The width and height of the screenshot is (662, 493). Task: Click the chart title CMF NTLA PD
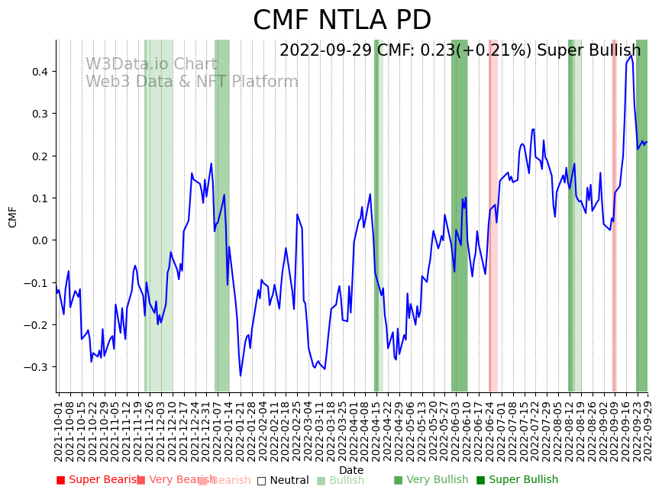coord(342,21)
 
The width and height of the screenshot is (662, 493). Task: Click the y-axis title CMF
coord(13,217)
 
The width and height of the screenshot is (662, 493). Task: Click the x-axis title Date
coord(351,471)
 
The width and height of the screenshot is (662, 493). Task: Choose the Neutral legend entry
coord(283,481)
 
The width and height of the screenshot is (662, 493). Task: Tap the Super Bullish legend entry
coord(517,480)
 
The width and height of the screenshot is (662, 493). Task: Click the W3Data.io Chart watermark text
coord(150,65)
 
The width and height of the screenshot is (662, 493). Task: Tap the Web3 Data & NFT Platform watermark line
coord(192,82)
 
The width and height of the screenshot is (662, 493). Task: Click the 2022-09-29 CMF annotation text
coord(460,51)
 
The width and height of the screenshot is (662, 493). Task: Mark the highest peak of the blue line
coord(631,56)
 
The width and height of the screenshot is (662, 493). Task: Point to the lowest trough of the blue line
coord(241,375)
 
